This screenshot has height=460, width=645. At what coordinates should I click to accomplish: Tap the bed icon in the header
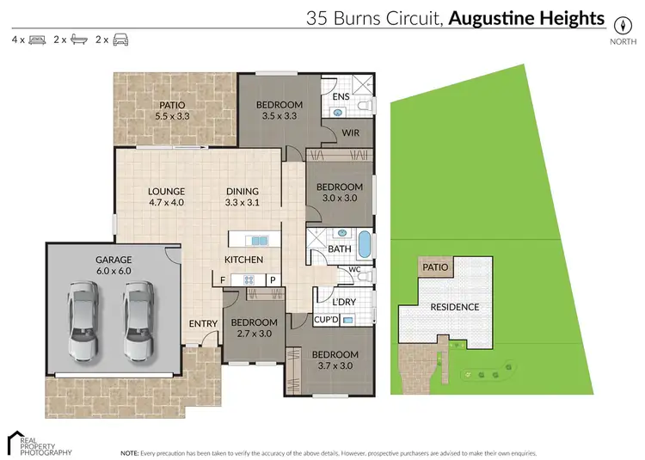point(36,40)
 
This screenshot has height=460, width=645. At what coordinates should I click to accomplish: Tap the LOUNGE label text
point(166,197)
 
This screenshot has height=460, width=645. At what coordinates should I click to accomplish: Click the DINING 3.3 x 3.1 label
point(242,197)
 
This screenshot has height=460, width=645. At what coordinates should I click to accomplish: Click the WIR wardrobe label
point(350,132)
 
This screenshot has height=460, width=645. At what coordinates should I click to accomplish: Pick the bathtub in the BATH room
point(365,244)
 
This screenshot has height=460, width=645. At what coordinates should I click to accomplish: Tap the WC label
point(354,269)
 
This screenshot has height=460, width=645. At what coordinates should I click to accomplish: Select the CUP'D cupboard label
point(324,320)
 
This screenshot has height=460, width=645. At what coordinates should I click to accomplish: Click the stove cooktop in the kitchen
point(249,279)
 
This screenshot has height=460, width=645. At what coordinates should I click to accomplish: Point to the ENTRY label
point(203,323)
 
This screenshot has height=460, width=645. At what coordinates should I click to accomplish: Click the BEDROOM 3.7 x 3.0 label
point(335,360)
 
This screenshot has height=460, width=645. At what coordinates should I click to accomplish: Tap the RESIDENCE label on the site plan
point(454,307)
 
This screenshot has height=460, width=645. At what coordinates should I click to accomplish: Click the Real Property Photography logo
point(40,442)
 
